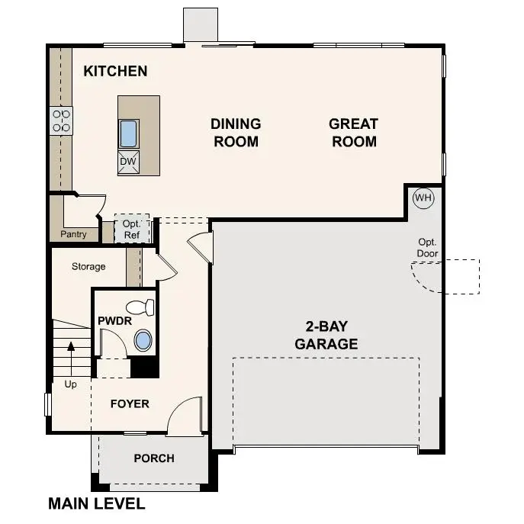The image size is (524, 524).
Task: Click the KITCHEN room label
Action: (115, 72)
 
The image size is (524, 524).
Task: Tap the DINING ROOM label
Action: (236, 133)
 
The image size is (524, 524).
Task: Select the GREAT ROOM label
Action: (353, 133)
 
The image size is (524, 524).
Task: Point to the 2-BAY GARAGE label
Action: (326, 336)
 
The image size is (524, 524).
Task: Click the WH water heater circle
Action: (423, 198)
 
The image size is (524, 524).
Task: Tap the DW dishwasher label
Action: (127, 162)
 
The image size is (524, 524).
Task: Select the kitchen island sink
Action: (128, 133)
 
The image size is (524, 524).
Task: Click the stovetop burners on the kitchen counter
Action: (61, 121)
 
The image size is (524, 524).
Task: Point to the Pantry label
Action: (74, 234)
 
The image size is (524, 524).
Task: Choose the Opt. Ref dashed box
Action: (132, 229)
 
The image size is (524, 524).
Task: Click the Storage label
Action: (88, 267)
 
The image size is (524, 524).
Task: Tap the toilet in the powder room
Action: (140, 308)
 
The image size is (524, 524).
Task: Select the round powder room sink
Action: (143, 341)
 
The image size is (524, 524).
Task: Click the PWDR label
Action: (111, 320)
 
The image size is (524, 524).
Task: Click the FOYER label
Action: (130, 403)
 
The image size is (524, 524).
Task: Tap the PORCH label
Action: (154, 458)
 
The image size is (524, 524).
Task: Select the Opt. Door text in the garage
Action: (427, 246)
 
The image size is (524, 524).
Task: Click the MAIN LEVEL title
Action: (97, 504)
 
